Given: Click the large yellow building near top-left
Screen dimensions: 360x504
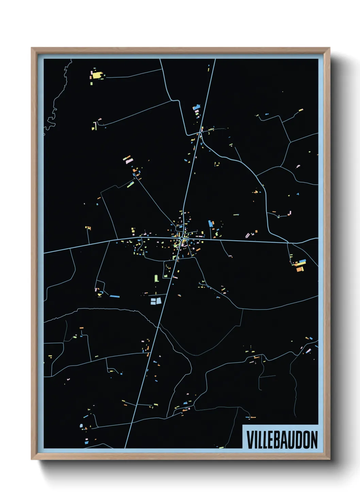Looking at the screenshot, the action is coord(97,75).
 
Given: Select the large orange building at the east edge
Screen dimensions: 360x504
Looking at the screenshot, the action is coord(300,269).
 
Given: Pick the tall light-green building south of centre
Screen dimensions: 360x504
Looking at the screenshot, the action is coord(156,278).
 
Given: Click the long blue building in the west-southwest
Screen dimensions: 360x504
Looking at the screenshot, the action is coord(115,296).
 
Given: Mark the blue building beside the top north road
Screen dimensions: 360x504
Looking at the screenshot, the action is coord(197,108).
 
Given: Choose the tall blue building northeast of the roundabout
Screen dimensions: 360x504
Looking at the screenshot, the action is coord(210,224).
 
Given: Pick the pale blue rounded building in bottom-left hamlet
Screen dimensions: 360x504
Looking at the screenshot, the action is coord(81,426).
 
